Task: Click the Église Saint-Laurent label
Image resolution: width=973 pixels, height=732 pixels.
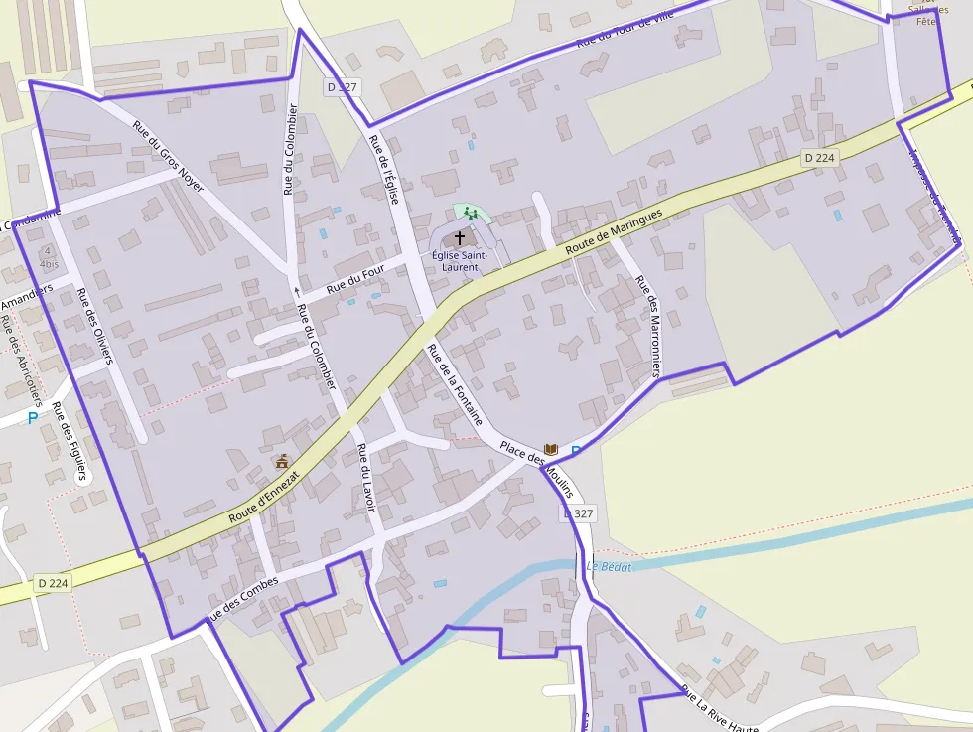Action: pyautogui.click(x=460, y=261)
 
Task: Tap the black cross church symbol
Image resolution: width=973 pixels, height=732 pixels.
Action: pyautogui.click(x=460, y=238)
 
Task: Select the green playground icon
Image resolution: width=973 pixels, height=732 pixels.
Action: pyautogui.click(x=472, y=212)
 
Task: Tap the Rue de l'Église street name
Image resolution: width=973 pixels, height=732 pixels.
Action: pyautogui.click(x=384, y=169)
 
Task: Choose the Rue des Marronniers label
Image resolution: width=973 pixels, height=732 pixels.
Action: pyautogui.click(x=646, y=326)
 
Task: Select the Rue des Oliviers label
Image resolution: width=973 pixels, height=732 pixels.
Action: pyautogui.click(x=94, y=326)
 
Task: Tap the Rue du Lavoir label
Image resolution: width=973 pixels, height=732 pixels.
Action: pyautogui.click(x=365, y=478)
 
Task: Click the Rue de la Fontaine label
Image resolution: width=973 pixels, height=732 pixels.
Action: pyautogui.click(x=454, y=383)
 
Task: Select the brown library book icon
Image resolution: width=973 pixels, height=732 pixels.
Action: pyautogui.click(x=551, y=450)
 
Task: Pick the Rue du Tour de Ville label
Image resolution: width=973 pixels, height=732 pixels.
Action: pyautogui.click(x=625, y=27)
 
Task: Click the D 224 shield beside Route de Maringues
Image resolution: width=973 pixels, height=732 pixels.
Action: pyautogui.click(x=820, y=157)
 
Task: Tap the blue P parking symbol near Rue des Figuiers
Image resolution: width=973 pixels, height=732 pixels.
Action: pyautogui.click(x=33, y=418)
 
